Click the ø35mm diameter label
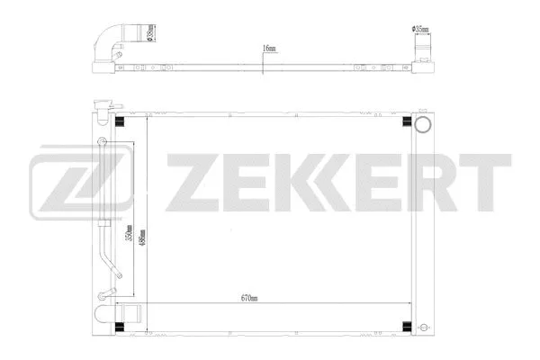(420, 29)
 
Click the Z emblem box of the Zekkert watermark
(62, 176)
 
